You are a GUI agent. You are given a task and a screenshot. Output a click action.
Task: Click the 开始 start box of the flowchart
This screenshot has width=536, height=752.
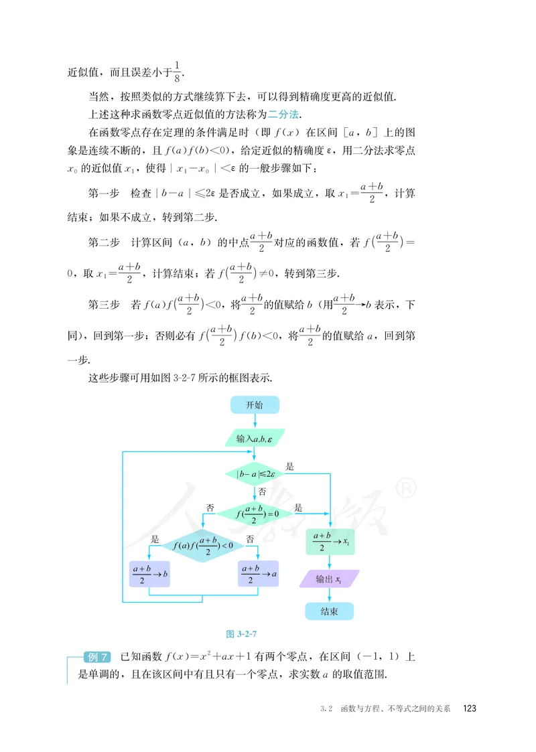[255, 405]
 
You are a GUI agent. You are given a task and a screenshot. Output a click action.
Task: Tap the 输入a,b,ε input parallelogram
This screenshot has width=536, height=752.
[255, 438]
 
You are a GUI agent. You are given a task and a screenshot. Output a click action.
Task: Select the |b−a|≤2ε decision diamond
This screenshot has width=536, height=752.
[255, 474]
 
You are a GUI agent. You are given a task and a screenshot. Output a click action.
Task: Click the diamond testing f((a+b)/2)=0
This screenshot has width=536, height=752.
[255, 514]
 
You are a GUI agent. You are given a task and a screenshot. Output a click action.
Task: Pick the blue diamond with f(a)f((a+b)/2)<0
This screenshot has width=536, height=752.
[203, 546]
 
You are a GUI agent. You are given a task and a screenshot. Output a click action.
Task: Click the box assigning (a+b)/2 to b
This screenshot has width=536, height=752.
[149, 574]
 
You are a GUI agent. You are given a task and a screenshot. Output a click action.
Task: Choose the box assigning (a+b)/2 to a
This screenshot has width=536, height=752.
[258, 574]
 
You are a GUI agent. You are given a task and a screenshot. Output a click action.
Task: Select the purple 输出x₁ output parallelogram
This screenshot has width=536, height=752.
[329, 579]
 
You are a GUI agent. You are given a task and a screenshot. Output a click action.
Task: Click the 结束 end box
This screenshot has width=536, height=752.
[329, 611]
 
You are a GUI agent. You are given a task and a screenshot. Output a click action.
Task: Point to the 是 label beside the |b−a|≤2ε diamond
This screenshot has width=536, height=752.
[290, 466]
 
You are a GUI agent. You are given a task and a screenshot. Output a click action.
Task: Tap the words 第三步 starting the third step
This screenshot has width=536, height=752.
[104, 305]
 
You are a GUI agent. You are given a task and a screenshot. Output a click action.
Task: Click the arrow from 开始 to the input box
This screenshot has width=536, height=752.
[255, 421]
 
